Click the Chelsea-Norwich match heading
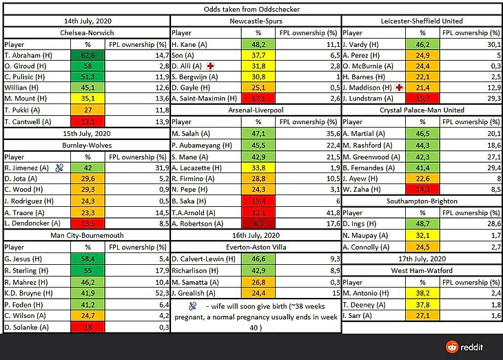click(86, 32)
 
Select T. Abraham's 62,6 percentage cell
click(88, 54)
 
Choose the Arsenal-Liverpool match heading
click(256, 110)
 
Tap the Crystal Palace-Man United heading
click(422, 110)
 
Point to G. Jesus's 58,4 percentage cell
click(88, 257)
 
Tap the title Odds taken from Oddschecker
click(256, 10)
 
